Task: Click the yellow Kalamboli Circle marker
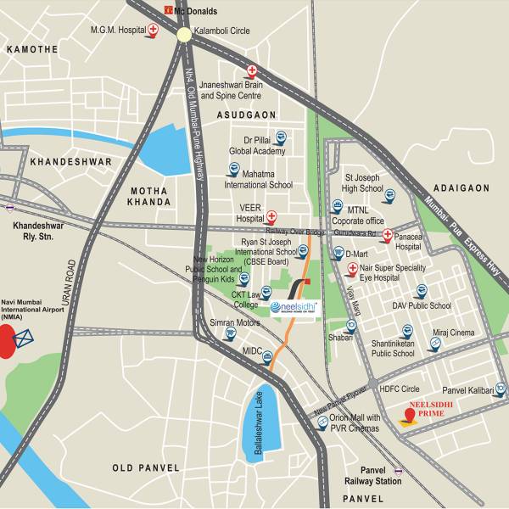(184, 34)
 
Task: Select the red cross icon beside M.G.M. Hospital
(153, 31)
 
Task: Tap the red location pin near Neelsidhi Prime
(410, 416)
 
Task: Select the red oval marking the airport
(6, 340)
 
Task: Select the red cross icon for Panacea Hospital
(387, 235)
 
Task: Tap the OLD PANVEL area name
(146, 467)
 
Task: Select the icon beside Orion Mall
(322, 421)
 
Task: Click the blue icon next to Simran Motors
(229, 333)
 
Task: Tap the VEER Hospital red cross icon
(272, 217)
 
